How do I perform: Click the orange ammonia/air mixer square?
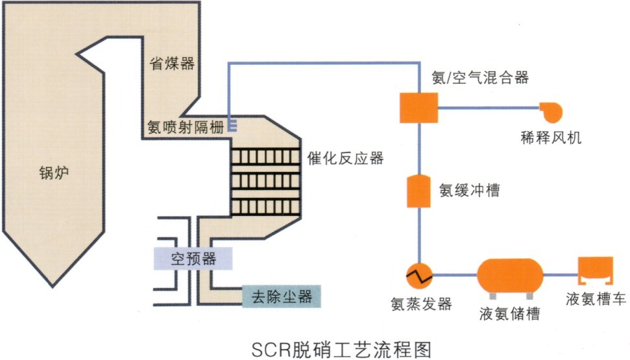(418, 106)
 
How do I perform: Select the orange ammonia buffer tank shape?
(418, 190)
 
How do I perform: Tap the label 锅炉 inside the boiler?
(53, 173)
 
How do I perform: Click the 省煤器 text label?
(172, 64)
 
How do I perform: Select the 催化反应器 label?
(345, 158)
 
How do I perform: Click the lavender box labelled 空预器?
(193, 259)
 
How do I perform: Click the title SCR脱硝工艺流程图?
(341, 348)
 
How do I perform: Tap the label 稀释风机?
(551, 138)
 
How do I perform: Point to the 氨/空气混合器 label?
(480, 78)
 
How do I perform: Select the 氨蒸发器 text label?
(421, 304)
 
